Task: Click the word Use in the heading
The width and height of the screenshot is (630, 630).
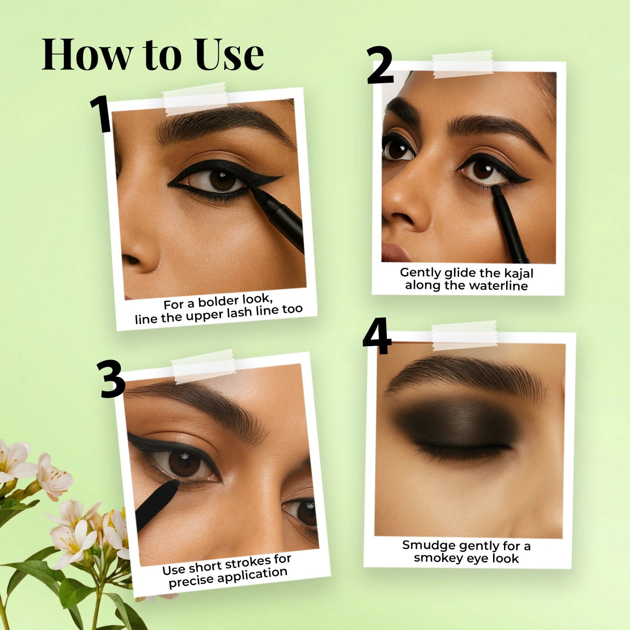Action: tap(229, 55)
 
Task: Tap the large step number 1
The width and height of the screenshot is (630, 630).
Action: tap(102, 114)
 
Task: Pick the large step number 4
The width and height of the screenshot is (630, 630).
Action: tap(377, 336)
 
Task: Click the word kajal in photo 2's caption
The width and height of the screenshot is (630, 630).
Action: tap(519, 273)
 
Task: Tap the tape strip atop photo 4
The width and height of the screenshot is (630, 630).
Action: tap(464, 335)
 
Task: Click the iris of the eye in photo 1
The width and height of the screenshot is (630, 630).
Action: tap(223, 180)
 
